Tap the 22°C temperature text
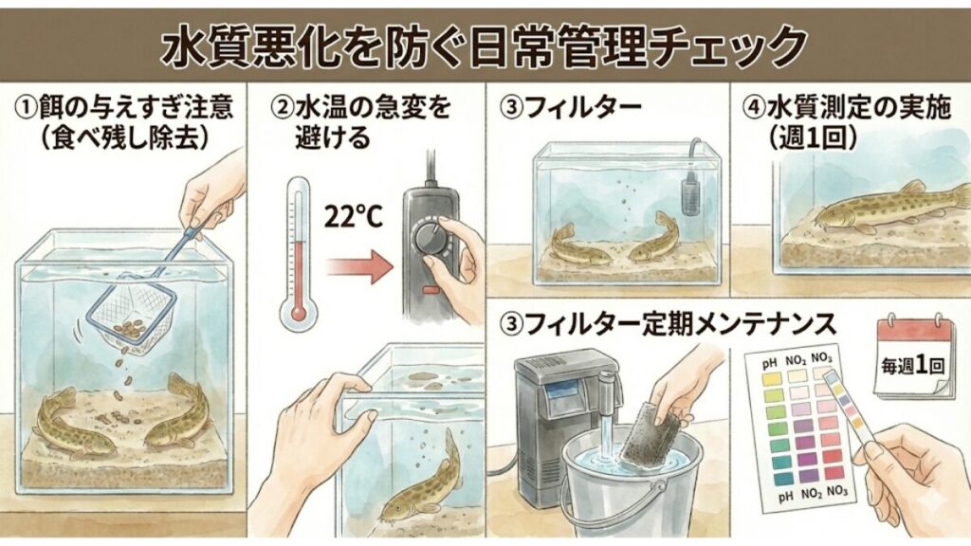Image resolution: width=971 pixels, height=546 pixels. tap(353, 218)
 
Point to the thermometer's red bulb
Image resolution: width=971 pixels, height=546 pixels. tap(301, 311)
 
